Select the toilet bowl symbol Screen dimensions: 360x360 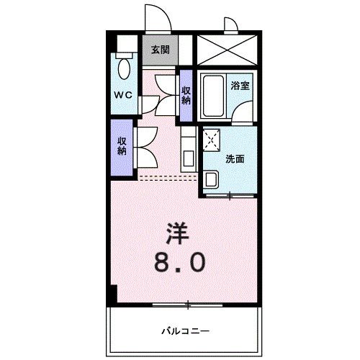tap(125, 71)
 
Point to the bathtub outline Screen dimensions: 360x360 tap(212, 96)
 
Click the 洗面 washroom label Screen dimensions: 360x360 tap(235, 158)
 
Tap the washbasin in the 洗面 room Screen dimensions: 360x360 tap(211, 179)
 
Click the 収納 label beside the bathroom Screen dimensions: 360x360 tap(186, 94)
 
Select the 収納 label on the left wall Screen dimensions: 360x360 tap(122, 146)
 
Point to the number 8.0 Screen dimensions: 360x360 tap(178, 261)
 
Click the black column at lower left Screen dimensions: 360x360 tap(112, 294)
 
